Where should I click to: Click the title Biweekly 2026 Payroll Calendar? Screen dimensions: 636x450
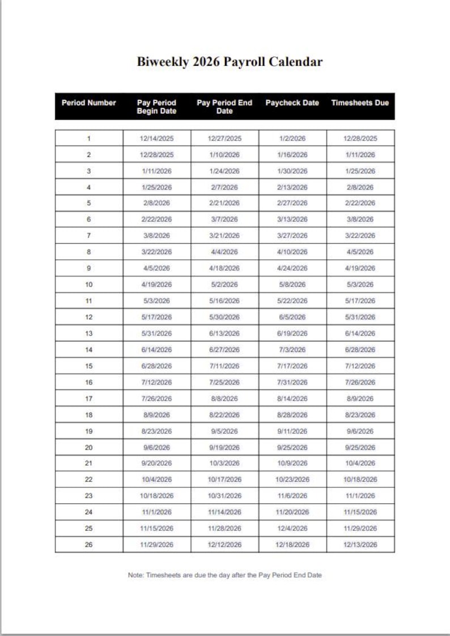[230, 62]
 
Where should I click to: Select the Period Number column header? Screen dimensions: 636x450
[88, 103]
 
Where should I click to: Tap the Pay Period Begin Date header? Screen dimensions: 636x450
[156, 107]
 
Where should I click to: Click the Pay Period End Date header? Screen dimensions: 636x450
[224, 107]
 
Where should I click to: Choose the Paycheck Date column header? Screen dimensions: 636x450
[292, 103]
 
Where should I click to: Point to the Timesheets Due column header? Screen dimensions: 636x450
[360, 103]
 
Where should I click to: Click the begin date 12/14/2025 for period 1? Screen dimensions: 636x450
[156, 138]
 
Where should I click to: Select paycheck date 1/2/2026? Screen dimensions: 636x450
[292, 138]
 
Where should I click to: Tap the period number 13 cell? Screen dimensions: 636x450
[88, 333]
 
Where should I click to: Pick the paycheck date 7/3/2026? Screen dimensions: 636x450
[292, 350]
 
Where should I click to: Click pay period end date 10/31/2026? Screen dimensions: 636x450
[224, 496]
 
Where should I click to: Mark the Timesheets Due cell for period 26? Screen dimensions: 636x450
[360, 545]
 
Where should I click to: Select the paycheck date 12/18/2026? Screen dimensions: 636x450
[292, 545]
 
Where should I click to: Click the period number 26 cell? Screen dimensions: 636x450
[88, 545]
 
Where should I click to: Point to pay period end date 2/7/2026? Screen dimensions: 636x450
[224, 187]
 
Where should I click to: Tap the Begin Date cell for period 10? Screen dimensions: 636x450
[156, 285]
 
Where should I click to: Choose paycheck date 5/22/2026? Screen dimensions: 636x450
[292, 301]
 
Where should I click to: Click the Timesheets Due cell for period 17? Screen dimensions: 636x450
[360, 398]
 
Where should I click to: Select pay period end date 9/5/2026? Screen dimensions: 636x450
[224, 431]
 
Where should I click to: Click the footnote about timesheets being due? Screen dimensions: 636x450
[224, 575]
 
